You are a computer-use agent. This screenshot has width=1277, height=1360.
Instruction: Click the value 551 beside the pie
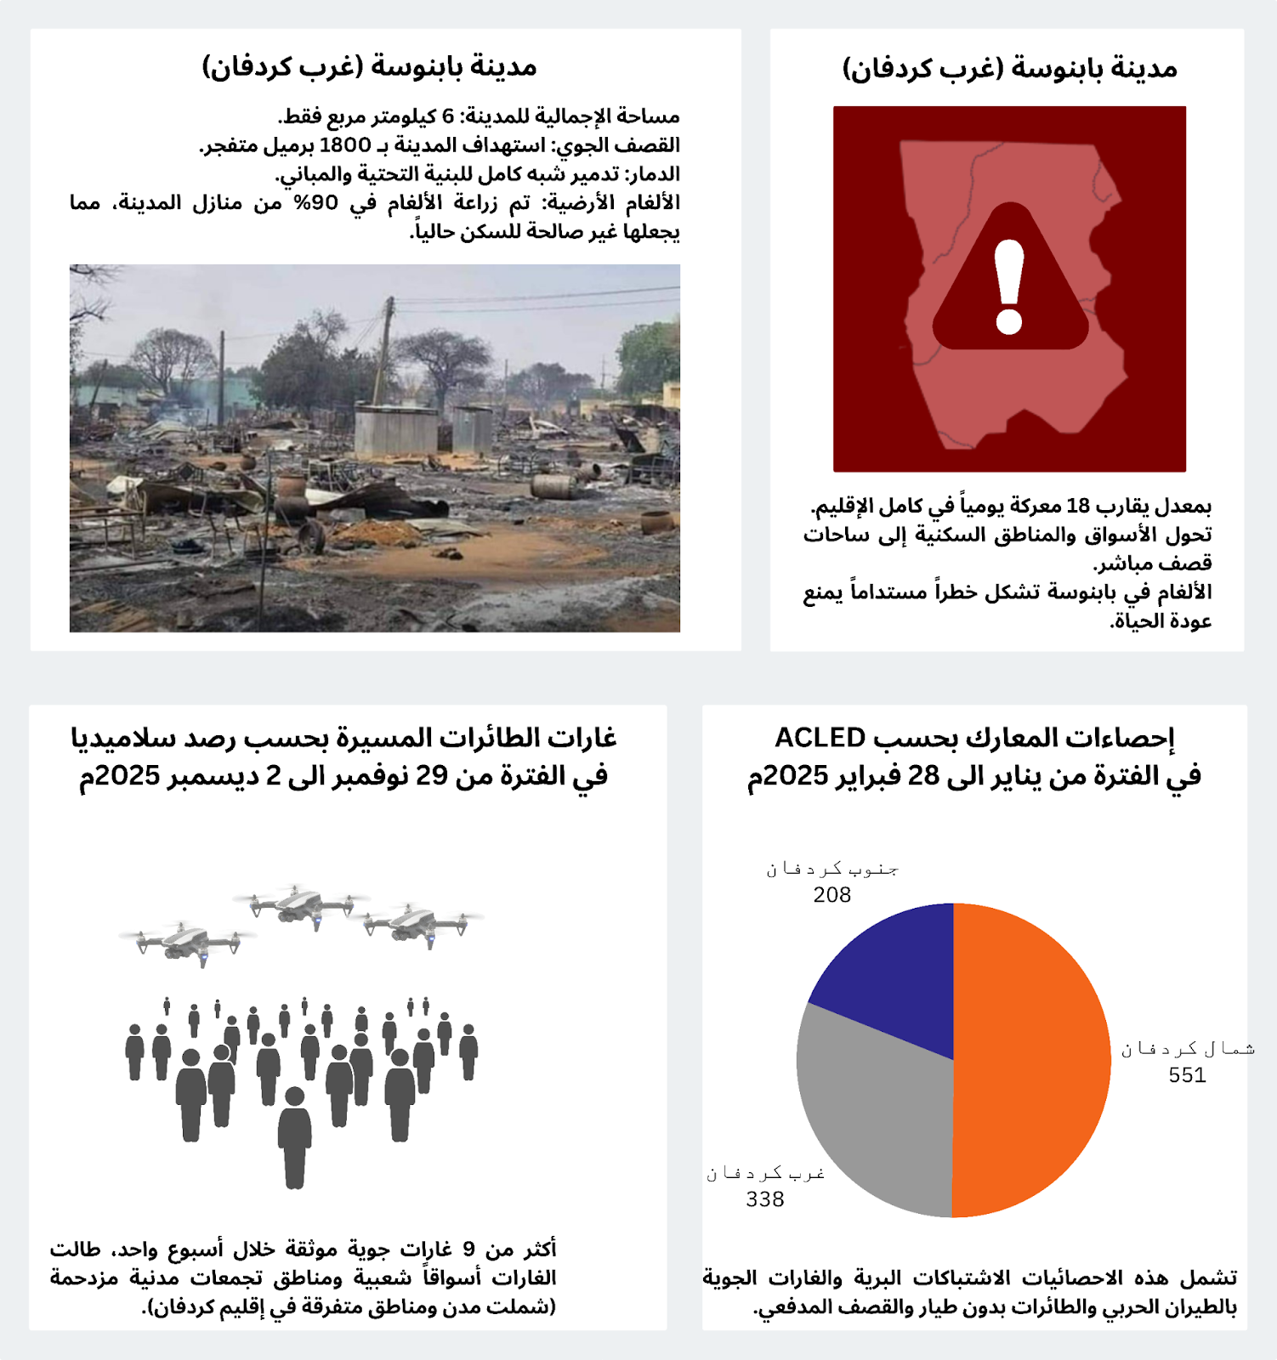pyautogui.click(x=1187, y=1075)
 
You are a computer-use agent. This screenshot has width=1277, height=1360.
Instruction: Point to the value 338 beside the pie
pyautogui.click(x=765, y=1199)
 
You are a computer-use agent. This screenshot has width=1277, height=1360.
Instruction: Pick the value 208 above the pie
pyautogui.click(x=831, y=895)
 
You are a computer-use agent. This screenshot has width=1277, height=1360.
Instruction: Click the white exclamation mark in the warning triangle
pyautogui.click(x=1009, y=286)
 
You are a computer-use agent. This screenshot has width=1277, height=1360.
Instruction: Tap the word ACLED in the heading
pyautogui.click(x=820, y=738)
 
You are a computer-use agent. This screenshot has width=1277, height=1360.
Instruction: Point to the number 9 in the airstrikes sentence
pyautogui.click(x=468, y=1249)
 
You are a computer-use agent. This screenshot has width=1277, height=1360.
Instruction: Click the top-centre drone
pyautogui.click(x=300, y=905)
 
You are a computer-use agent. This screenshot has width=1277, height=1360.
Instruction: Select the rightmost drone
pyautogui.click(x=420, y=924)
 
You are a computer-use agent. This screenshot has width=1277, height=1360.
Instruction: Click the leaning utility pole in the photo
pyautogui.click(x=385, y=348)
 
